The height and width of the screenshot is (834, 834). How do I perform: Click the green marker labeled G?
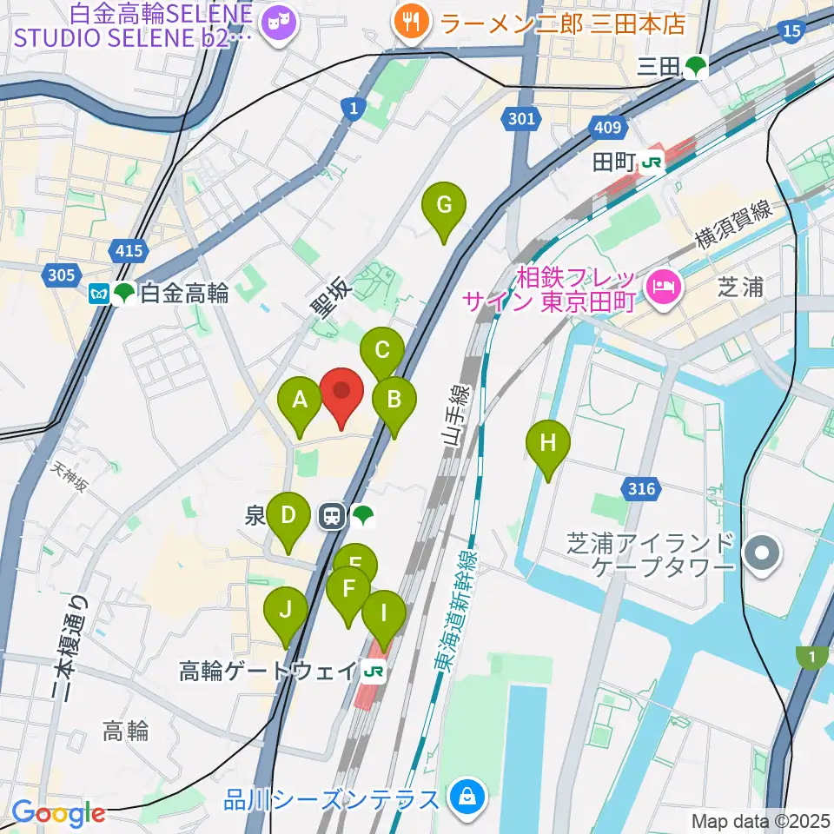pos(443,207)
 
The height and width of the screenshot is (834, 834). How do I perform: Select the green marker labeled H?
pos(547,443)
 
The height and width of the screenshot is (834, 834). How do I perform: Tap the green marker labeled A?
pos(300,400)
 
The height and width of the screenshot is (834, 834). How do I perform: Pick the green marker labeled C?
pos(381,351)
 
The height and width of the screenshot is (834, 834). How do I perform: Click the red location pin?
pos(341,391)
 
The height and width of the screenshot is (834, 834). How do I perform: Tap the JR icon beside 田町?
pos(652,162)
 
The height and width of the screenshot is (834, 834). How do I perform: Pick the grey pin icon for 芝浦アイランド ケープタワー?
pos(762,553)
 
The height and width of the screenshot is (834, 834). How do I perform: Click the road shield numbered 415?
pos(128,252)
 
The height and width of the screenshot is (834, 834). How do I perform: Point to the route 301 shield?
pos(521,119)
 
